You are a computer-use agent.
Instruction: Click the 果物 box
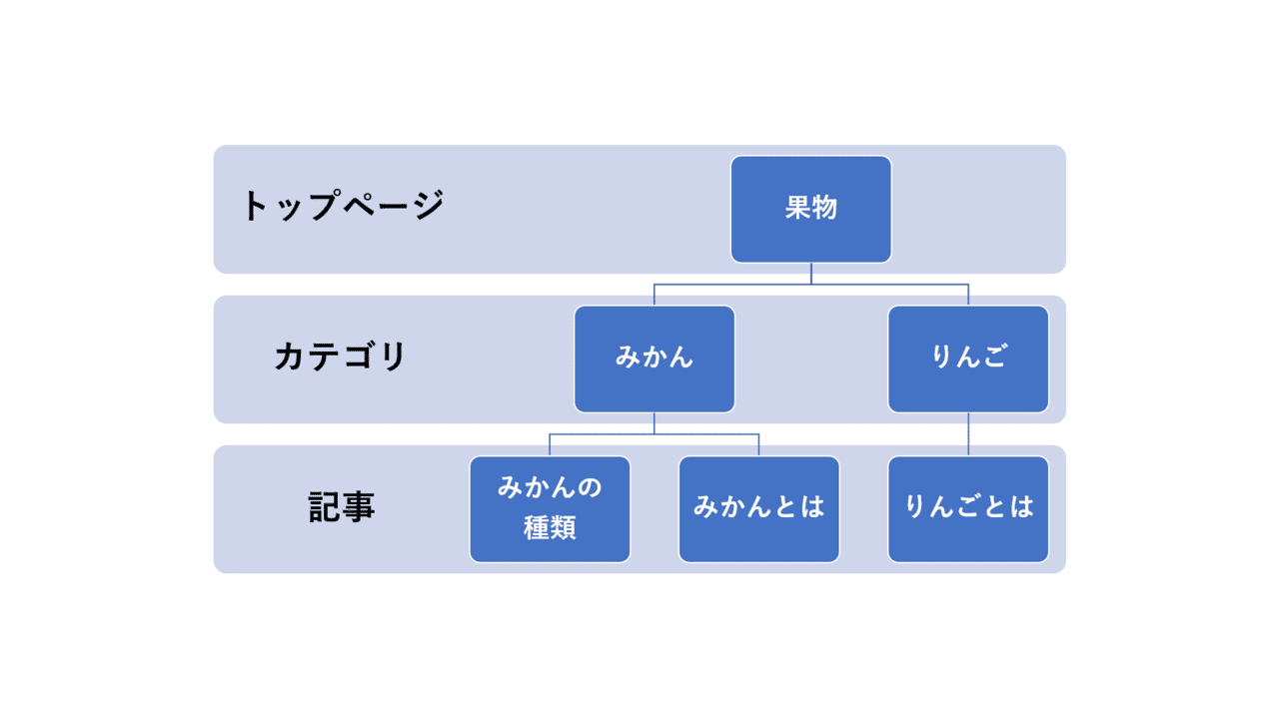point(810,209)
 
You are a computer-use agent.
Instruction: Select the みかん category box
point(654,359)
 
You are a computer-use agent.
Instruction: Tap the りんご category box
point(967,359)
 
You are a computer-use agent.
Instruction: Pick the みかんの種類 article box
point(550,508)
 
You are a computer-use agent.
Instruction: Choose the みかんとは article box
point(758,508)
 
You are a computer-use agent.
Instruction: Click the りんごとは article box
point(967,508)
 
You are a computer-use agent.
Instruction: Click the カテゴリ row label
point(341,357)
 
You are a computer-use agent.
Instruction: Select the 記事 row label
point(342,507)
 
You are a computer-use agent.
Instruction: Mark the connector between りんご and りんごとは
point(967,434)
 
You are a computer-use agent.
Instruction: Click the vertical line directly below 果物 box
point(810,273)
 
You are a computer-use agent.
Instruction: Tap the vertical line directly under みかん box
point(654,423)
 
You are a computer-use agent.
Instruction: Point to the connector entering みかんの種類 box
point(550,445)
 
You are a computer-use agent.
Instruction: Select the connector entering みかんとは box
point(758,445)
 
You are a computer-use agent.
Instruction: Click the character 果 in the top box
point(797,209)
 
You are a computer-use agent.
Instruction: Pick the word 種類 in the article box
point(550,527)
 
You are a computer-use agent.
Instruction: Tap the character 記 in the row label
point(325,507)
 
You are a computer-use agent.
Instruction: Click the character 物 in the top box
point(824,209)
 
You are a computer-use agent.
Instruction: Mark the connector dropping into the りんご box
point(967,295)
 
